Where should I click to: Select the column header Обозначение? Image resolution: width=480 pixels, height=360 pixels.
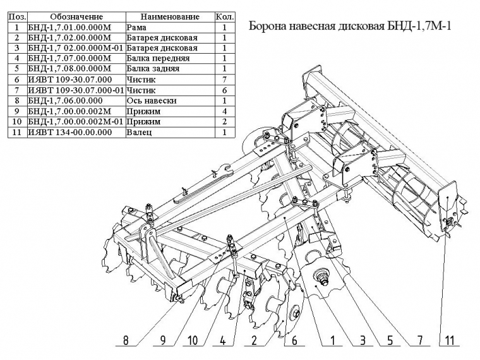[x=76, y=16]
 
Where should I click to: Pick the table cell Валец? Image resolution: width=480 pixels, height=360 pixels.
[x=140, y=132]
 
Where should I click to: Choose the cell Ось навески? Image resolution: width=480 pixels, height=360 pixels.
[x=151, y=100]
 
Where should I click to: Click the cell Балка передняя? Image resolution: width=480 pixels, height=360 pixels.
[x=157, y=58]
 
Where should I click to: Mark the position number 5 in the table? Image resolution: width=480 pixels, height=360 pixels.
[x=16, y=69]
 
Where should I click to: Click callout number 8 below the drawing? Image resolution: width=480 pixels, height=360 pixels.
[x=126, y=341]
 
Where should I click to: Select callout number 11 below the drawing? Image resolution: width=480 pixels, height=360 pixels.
[x=449, y=341]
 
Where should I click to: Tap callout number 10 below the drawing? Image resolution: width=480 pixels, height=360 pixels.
[x=193, y=341]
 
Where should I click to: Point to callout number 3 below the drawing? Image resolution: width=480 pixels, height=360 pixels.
[x=362, y=341]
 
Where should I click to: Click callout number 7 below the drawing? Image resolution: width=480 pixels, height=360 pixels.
[x=417, y=341]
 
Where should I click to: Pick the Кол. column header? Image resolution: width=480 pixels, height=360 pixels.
[x=225, y=16]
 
